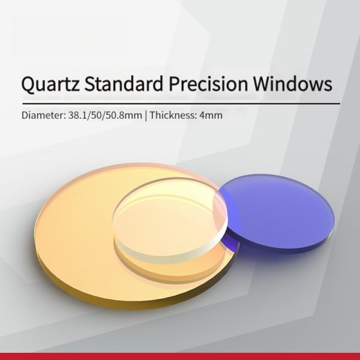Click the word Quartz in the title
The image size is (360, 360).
point(51,83)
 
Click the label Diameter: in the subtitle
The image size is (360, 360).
point(44,115)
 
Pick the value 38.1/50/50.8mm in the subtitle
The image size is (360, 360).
point(106,115)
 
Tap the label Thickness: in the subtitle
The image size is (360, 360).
point(173,115)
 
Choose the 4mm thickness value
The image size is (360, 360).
point(211,115)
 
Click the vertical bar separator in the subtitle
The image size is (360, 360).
point(146,115)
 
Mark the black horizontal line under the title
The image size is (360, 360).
point(181,104)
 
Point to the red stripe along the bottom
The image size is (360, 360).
point(180,356)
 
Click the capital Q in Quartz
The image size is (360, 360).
point(28,84)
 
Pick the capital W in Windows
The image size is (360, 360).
point(264,83)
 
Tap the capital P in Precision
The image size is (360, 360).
point(175,83)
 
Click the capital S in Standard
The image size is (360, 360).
point(90,83)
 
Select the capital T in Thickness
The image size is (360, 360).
point(152,115)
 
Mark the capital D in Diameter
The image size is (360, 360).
point(25,115)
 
